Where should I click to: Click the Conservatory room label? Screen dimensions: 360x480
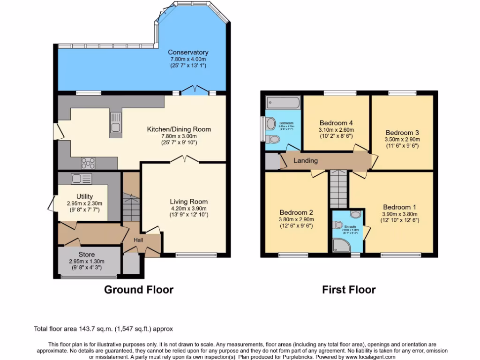click(x=188, y=52)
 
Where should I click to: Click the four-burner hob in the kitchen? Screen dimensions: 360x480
click(x=88, y=163)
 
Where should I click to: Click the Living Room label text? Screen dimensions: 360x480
click(x=188, y=202)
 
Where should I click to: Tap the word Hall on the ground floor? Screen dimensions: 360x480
click(x=138, y=240)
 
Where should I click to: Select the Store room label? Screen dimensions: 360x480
click(x=86, y=255)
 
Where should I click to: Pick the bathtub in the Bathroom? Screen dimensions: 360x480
click(x=283, y=103)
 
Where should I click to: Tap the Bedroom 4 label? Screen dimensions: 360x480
click(x=336, y=123)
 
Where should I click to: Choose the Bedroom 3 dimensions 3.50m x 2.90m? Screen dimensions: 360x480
click(x=402, y=139)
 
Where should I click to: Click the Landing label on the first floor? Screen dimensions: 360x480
click(x=306, y=161)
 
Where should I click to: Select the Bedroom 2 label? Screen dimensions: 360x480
click(x=296, y=212)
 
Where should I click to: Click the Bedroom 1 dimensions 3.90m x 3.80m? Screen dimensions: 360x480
click(x=399, y=214)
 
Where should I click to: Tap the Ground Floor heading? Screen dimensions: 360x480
click(x=138, y=290)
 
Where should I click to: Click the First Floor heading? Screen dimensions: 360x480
click(x=349, y=290)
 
